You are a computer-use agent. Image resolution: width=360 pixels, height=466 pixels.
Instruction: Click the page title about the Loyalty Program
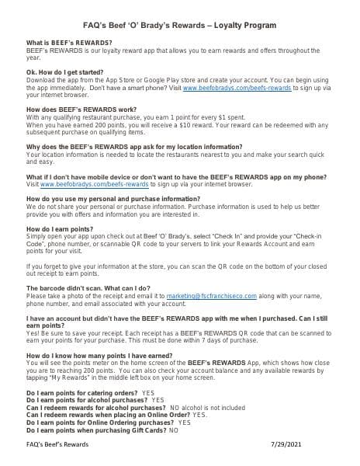coord(180,21)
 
